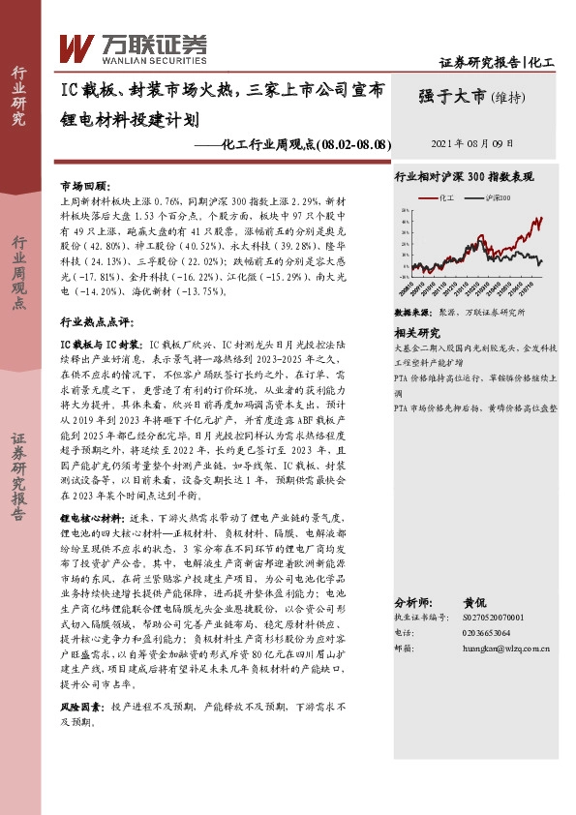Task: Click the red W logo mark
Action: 76,45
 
